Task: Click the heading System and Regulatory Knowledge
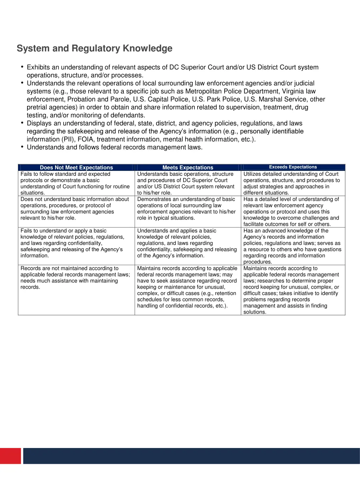tap(95, 48)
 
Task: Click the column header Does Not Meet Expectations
tap(76, 167)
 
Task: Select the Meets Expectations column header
tap(188, 167)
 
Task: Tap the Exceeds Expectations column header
tap(293, 167)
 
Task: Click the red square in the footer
tap(11, 456)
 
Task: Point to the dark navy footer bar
tap(192, 456)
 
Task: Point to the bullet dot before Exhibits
tap(22, 67)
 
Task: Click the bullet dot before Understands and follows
tap(22, 147)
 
